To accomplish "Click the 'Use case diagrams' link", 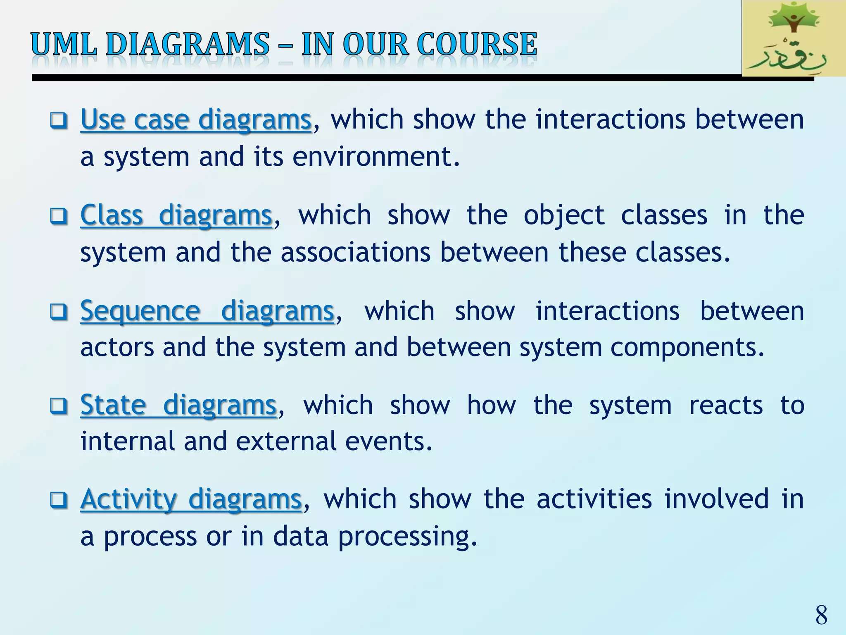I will click(196, 120).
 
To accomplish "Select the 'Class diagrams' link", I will click(176, 215).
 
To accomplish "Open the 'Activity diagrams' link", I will click(191, 499).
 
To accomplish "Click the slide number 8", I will click(821, 615).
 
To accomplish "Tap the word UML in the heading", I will click(64, 45).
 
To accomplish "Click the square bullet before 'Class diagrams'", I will click(58, 216).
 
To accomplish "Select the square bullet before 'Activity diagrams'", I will click(58, 500).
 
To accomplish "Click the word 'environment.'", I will click(376, 157).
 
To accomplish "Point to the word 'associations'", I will click(355, 252).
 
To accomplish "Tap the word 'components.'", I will click(687, 347).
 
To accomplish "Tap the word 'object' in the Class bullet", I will click(564, 216).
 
